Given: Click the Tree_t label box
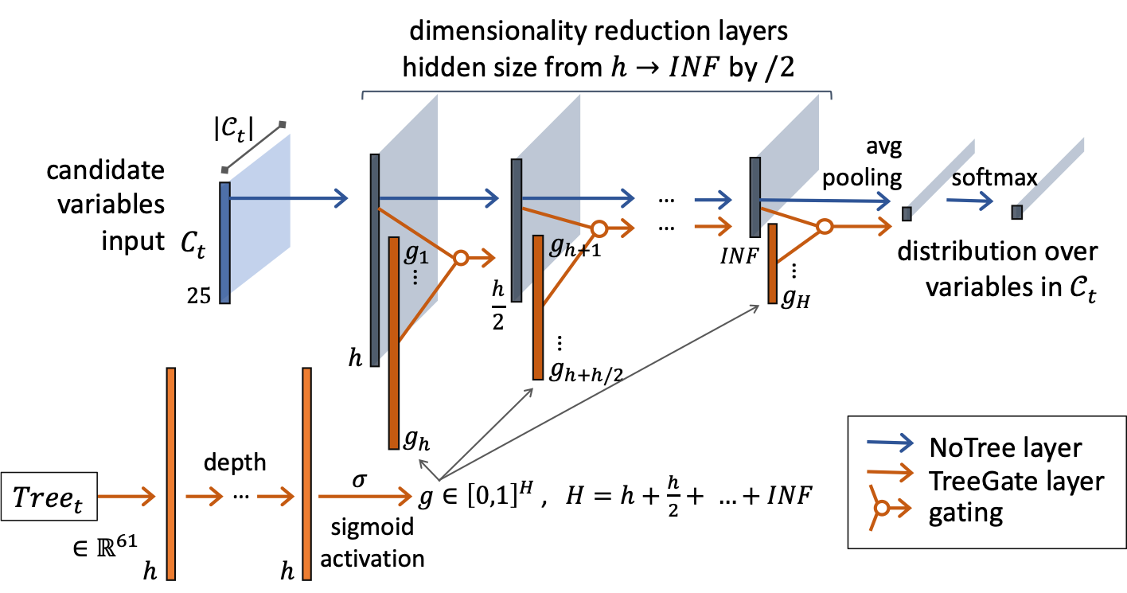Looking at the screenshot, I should (49, 497).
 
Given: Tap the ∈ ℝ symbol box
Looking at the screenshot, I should (88, 548).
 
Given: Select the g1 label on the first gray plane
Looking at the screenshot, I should (415, 253).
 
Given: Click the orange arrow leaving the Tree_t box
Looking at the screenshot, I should (126, 497).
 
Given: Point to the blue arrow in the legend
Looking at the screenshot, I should (890, 443).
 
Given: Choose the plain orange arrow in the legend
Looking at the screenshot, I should (890, 473).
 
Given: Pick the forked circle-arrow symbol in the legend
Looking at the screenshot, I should (885, 507).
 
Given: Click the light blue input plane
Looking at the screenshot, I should (259, 213).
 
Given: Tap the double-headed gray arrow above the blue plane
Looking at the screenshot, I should (253, 147).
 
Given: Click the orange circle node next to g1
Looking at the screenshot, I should (460, 258).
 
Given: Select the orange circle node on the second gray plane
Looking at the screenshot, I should (599, 229).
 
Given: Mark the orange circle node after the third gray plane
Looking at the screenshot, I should (825, 227).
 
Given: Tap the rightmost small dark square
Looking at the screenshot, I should (1016, 212).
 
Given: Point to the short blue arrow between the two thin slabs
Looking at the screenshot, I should (969, 201).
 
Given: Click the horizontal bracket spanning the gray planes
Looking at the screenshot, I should (597, 92).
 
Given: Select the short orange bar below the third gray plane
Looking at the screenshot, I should (772, 263).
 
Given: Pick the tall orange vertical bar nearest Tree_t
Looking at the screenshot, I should (170, 473).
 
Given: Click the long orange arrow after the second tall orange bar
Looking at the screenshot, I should (365, 497).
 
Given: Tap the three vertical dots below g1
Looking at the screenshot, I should (415, 277).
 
